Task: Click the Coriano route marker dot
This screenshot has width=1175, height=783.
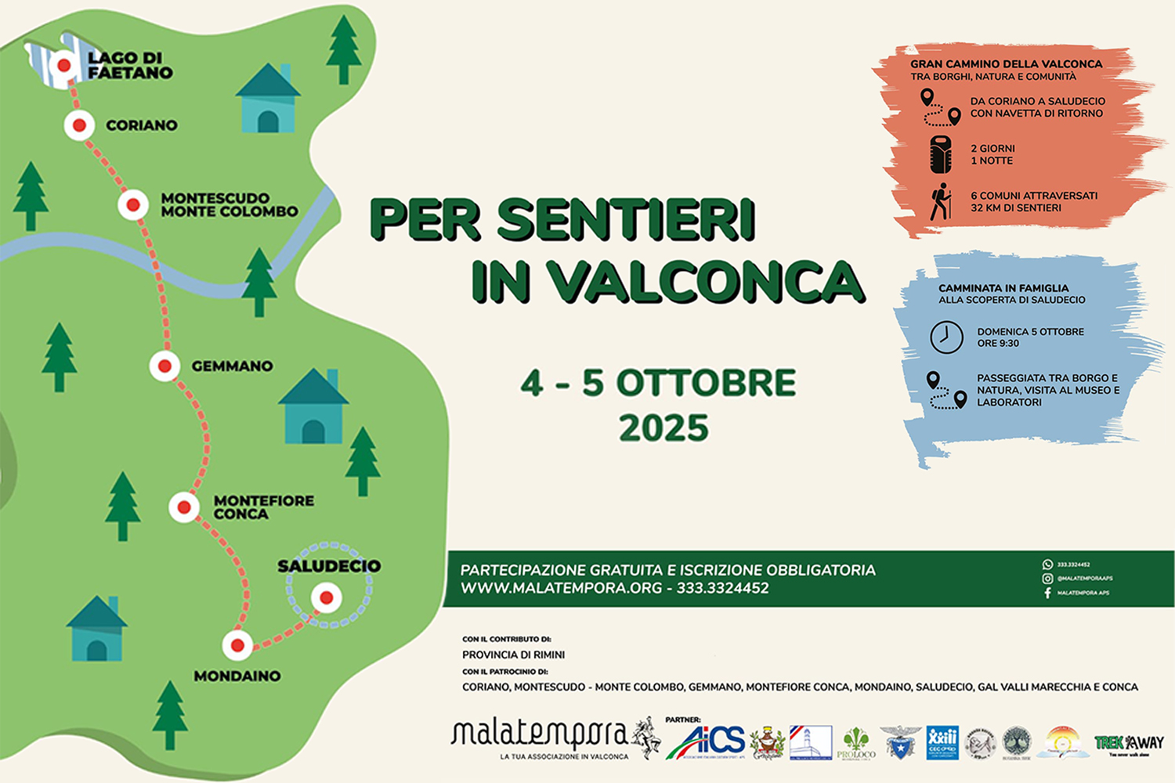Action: [79, 125]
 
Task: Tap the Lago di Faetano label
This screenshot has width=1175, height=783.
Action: [130, 66]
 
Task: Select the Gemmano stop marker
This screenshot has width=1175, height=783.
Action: [164, 366]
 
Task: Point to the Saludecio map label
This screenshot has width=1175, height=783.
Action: [329, 566]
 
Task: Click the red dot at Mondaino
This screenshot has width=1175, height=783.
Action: [237, 645]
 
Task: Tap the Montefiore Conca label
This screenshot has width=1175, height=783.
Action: [263, 507]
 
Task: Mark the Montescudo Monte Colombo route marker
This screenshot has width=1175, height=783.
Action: [133, 205]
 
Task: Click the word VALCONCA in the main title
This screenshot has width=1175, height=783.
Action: [705, 282]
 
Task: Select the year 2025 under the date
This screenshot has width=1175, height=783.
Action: [663, 428]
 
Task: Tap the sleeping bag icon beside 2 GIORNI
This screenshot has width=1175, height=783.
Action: [940, 154]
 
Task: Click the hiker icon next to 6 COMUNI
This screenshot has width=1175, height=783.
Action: [940, 202]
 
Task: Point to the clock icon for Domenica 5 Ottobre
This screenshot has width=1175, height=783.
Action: [946, 337]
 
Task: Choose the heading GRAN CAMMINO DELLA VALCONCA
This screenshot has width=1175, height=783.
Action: [1006, 64]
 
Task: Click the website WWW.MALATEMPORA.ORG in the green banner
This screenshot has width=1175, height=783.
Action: [561, 588]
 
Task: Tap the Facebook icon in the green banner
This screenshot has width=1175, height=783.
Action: [1047, 593]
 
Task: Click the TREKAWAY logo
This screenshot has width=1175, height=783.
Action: [1129, 743]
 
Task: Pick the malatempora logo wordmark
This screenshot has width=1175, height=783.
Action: [540, 734]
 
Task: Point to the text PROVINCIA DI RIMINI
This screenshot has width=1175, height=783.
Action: [513, 655]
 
